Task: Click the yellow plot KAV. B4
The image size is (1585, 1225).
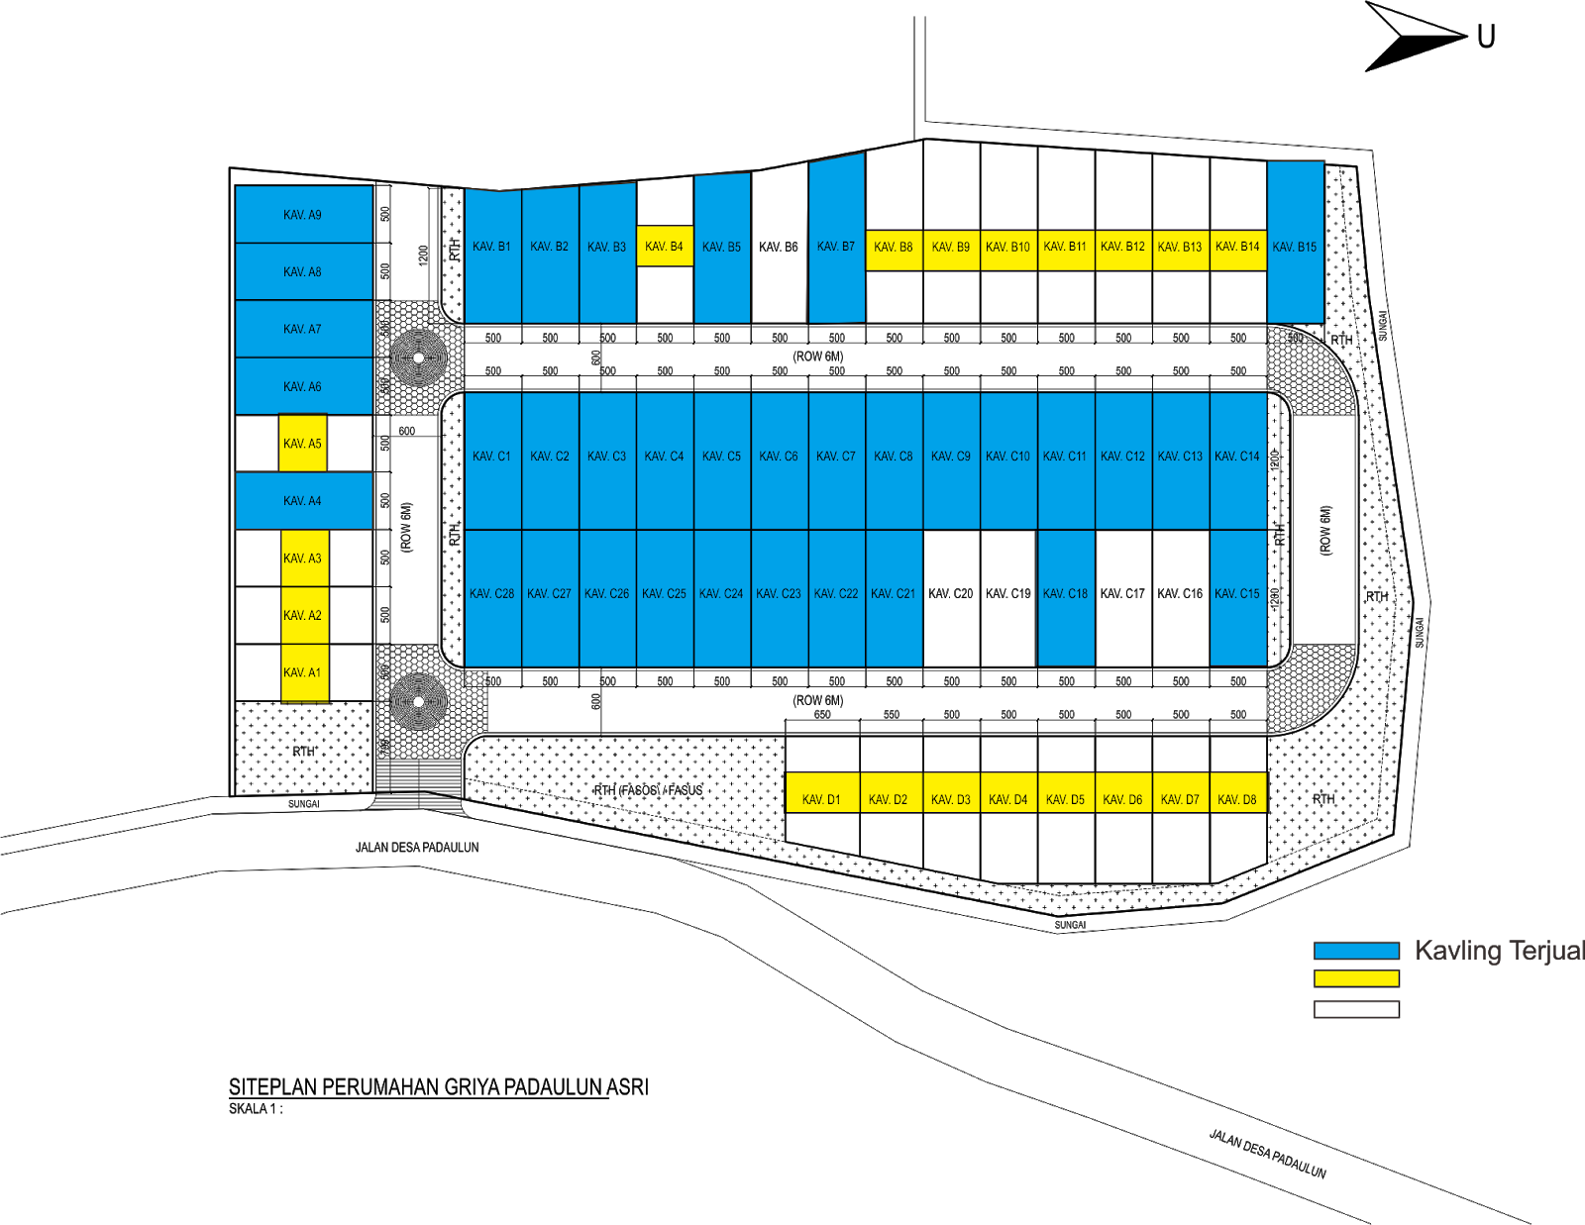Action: pos(665,247)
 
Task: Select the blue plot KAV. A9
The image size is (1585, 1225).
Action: pos(303,214)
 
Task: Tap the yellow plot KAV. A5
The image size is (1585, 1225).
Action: pos(302,444)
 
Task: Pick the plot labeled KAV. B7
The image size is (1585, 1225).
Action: pos(836,246)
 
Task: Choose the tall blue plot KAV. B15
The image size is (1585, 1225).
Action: pos(1295,246)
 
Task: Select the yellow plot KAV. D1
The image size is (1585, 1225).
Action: pos(821,794)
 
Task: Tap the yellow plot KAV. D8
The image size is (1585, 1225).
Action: pos(1237,794)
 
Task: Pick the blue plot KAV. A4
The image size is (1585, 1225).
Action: pos(303,501)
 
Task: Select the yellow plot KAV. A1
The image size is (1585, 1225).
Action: pos(303,673)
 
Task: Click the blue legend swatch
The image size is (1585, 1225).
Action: pos(1355,952)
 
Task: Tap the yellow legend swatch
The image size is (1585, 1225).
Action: pos(1355,978)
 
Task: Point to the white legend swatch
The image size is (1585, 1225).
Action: pos(1355,1009)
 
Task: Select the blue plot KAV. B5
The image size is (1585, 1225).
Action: pos(721,248)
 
